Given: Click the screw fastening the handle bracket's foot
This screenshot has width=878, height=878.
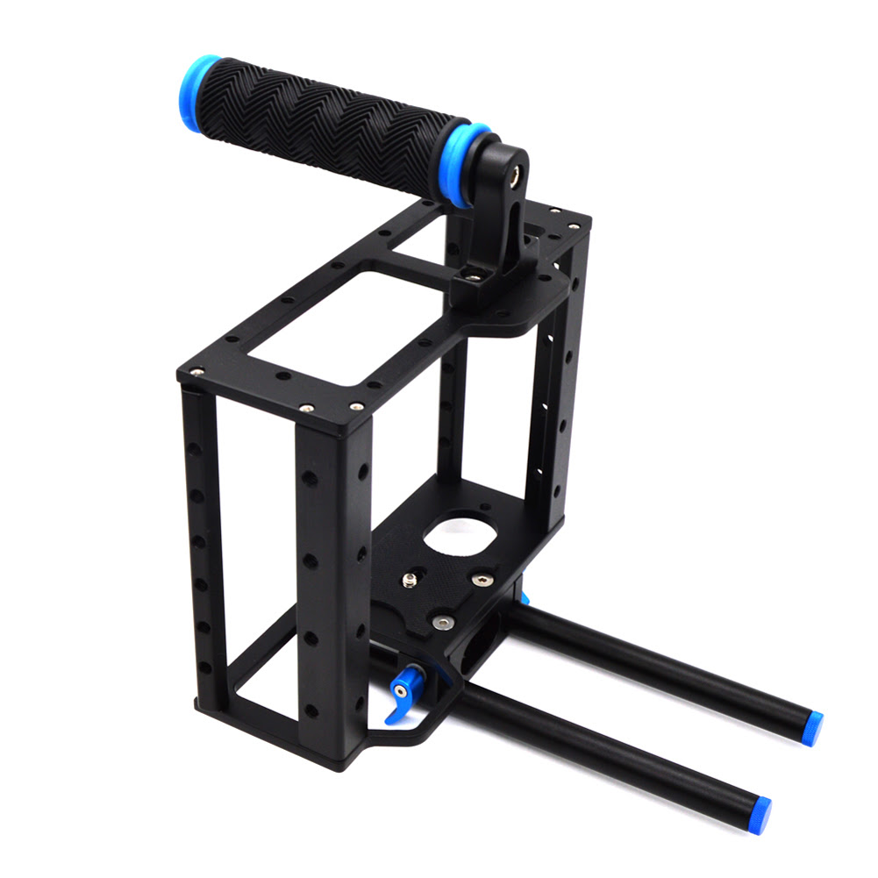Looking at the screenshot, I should [474, 277].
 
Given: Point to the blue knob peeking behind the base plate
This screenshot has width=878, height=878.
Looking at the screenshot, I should [525, 598].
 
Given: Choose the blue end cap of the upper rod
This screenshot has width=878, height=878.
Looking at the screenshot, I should [811, 728].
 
